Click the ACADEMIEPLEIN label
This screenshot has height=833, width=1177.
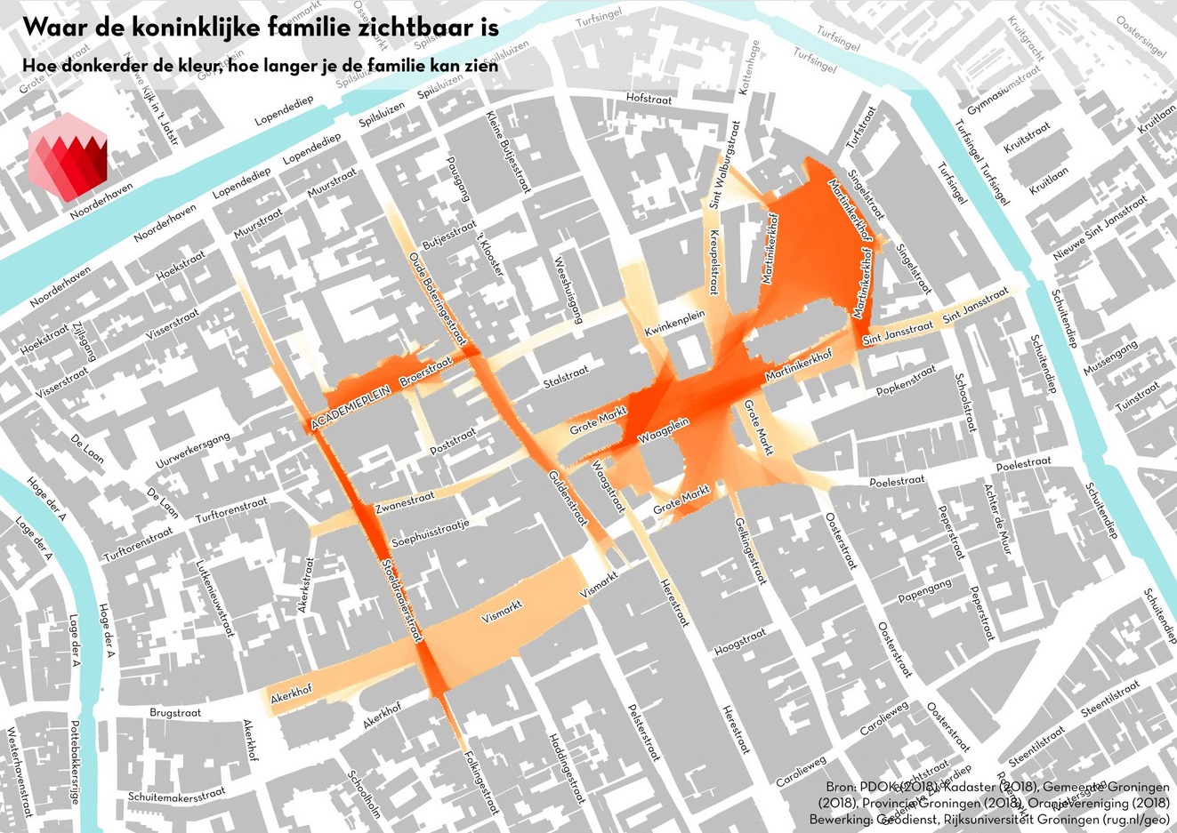point(352,409)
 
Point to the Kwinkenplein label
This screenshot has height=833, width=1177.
point(675,323)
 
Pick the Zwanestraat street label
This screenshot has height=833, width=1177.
point(404,503)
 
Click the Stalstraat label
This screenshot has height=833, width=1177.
point(566,376)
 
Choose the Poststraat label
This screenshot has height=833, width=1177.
point(453,439)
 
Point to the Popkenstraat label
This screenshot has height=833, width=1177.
point(906,380)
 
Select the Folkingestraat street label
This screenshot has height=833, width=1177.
point(481,783)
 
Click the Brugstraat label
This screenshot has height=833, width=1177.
point(175,713)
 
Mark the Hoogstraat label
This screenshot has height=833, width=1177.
point(739,642)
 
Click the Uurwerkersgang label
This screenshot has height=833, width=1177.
point(193,451)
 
